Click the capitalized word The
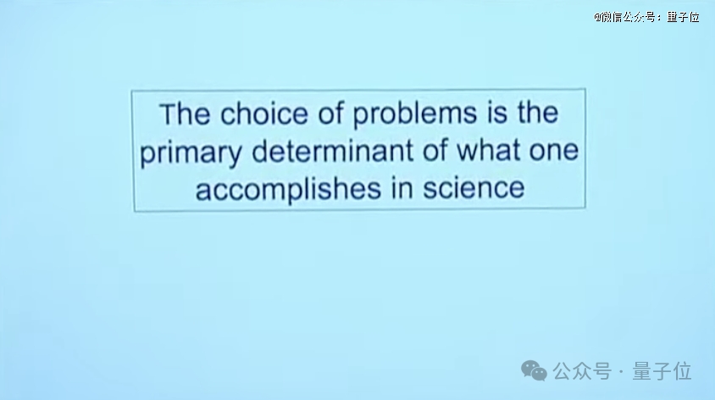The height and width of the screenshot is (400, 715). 185,114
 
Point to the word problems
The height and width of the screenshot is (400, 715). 414,114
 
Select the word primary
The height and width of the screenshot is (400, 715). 191,153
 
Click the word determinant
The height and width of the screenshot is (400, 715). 332,150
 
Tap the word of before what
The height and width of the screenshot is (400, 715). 435,150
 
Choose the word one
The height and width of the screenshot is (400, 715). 554,151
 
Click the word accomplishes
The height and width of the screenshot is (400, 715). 288,189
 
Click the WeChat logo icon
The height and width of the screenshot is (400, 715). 534,370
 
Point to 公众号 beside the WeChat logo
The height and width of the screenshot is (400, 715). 582,371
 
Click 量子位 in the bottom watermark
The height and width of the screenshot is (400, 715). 662,371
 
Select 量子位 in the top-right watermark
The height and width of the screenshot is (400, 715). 683,17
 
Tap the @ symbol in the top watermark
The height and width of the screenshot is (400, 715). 597,18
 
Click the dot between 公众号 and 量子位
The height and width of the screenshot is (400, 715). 622,372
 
